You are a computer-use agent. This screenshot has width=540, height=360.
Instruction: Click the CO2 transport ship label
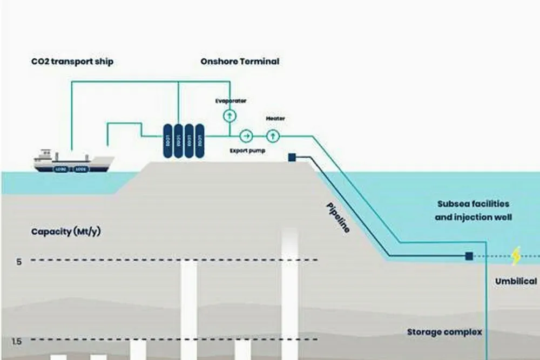[x=72, y=62]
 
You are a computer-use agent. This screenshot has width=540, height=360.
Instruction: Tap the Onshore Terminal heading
[x=240, y=62]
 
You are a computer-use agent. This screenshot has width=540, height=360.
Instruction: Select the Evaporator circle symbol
[x=230, y=116]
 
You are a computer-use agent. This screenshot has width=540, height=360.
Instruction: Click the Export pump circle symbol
[x=246, y=135]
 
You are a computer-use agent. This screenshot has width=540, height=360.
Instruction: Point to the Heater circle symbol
[x=273, y=135]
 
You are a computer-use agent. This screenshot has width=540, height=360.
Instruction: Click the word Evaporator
[x=231, y=101]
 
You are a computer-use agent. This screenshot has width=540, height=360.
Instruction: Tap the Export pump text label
[x=247, y=151]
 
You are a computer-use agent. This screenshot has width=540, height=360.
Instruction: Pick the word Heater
[x=275, y=119]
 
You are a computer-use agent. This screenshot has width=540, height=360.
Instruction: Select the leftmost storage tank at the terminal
[x=167, y=141]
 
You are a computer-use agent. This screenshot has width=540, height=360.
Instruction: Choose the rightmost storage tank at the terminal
[x=200, y=141]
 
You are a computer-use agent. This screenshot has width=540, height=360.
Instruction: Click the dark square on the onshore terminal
[x=292, y=158]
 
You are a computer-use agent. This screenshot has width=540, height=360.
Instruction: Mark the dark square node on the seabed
[x=469, y=256]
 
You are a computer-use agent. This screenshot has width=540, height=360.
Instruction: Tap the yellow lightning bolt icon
[x=516, y=256]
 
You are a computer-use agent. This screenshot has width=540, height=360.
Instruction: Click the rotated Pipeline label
[x=337, y=218]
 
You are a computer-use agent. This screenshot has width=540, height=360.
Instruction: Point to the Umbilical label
[x=516, y=281]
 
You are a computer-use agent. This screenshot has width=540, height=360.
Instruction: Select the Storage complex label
[x=444, y=332]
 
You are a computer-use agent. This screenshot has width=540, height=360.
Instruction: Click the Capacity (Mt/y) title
[x=66, y=232]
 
